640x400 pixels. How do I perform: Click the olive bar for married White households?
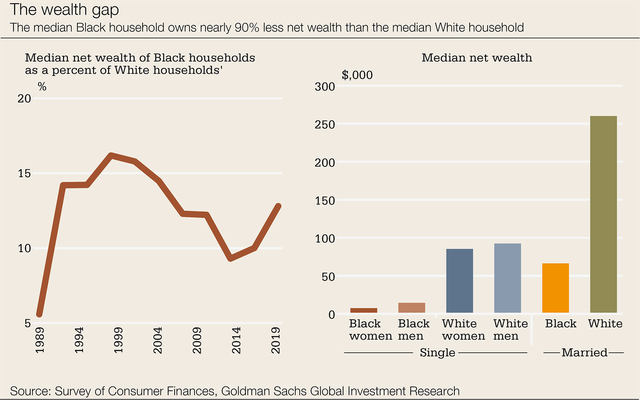click(603, 214)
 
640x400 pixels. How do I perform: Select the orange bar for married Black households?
click(555, 288)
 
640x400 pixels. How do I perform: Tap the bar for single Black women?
click(364, 310)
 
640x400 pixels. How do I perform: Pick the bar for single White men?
click(507, 278)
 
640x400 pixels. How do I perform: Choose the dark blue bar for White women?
click(459, 281)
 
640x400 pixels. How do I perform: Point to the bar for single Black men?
click(411, 308)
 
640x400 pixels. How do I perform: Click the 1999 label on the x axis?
click(118, 340)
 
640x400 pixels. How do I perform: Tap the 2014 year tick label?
click(236, 340)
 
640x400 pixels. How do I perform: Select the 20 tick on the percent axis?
click(24, 98)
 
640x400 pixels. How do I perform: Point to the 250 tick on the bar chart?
click(325, 124)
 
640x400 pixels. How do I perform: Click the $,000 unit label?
click(357, 75)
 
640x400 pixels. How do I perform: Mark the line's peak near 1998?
click(111, 155)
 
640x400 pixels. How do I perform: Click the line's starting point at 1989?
click(39, 314)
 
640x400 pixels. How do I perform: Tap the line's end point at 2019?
click(278, 206)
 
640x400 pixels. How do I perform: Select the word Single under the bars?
click(437, 352)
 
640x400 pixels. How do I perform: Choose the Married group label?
click(584, 352)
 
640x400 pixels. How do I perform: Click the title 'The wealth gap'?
click(64, 10)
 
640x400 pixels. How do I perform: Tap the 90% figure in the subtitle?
click(247, 28)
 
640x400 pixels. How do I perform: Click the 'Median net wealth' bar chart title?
click(477, 58)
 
